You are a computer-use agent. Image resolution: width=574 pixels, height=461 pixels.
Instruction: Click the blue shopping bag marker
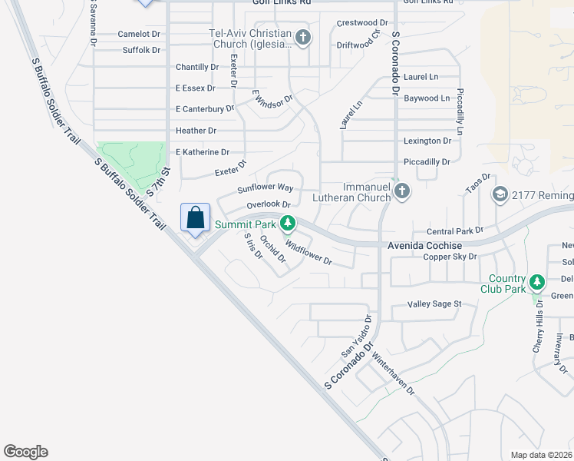[196, 217]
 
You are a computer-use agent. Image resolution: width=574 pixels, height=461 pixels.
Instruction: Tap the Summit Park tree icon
[288, 224]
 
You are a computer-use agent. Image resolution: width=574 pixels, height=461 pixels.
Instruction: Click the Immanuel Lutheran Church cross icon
[401, 191]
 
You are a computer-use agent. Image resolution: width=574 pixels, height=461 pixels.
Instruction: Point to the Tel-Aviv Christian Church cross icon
[303, 38]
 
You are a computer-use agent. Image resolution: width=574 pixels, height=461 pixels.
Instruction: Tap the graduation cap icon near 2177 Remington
[501, 194]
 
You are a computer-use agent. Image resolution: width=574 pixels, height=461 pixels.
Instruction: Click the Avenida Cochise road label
[424, 244]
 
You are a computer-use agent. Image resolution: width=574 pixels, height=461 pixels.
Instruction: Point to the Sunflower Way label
[266, 187]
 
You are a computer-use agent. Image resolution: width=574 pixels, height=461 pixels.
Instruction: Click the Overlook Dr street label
[269, 205]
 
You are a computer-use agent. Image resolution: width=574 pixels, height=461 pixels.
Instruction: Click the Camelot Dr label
[139, 34]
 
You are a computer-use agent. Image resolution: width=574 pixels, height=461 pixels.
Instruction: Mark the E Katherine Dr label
[202, 152]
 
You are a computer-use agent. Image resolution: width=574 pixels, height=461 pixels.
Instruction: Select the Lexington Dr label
[427, 141]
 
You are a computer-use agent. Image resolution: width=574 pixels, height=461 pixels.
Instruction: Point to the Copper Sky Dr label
[450, 257]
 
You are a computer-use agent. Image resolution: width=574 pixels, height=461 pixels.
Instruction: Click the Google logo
[25, 452]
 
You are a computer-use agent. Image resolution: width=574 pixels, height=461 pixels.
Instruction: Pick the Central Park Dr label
[455, 230]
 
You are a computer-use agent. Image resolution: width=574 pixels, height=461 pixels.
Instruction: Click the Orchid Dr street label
[272, 248]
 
